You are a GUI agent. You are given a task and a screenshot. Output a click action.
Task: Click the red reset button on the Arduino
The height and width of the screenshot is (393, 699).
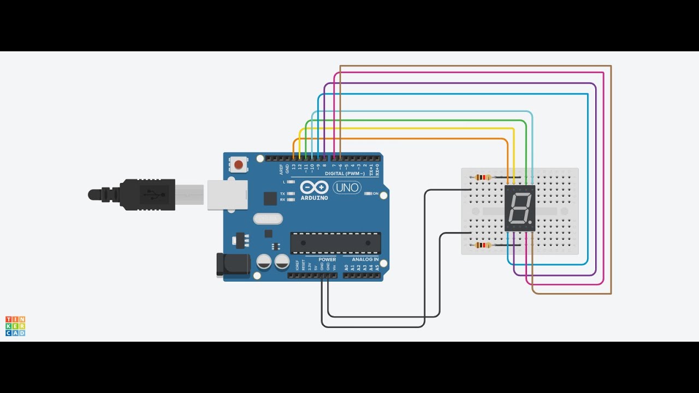(238, 164)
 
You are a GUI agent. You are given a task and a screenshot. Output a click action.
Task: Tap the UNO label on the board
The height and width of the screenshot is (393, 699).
(347, 188)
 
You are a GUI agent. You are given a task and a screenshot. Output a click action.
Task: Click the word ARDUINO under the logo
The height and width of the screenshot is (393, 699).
(314, 198)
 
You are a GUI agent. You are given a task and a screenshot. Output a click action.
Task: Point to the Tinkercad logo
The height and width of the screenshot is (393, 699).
(15, 326)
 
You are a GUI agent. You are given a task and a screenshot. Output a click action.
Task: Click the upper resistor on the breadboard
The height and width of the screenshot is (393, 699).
(483, 177)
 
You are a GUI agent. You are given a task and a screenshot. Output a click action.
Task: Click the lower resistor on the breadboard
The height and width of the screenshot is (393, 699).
(483, 245)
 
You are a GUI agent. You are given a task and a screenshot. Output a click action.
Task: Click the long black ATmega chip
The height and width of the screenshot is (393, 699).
(335, 243)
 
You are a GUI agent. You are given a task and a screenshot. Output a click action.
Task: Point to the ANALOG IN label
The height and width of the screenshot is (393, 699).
(365, 259)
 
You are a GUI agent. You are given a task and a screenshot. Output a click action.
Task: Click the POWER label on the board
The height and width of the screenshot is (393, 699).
(327, 259)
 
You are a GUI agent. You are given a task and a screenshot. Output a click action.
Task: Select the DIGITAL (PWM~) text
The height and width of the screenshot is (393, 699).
(342, 174)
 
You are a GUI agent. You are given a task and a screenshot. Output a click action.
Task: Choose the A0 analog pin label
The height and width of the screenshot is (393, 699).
(346, 267)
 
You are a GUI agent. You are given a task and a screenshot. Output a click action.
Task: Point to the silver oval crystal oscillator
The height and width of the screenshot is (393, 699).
(268, 219)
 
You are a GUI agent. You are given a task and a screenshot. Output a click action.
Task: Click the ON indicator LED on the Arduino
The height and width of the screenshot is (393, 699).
(369, 193)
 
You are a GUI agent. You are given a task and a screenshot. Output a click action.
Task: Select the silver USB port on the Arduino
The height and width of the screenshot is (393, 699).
(227, 195)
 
